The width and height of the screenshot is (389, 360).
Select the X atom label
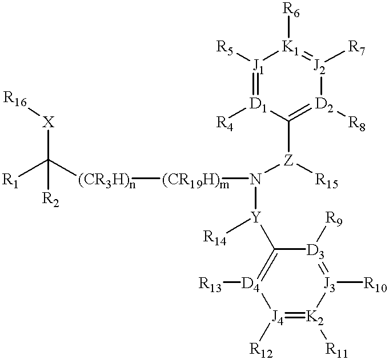tap(49, 122)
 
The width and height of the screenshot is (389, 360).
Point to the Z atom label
tap(289, 161)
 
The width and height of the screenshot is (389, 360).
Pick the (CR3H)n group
tap(107, 181)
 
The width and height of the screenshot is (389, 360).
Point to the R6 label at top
tap(291, 11)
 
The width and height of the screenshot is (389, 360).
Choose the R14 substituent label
tap(215, 237)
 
